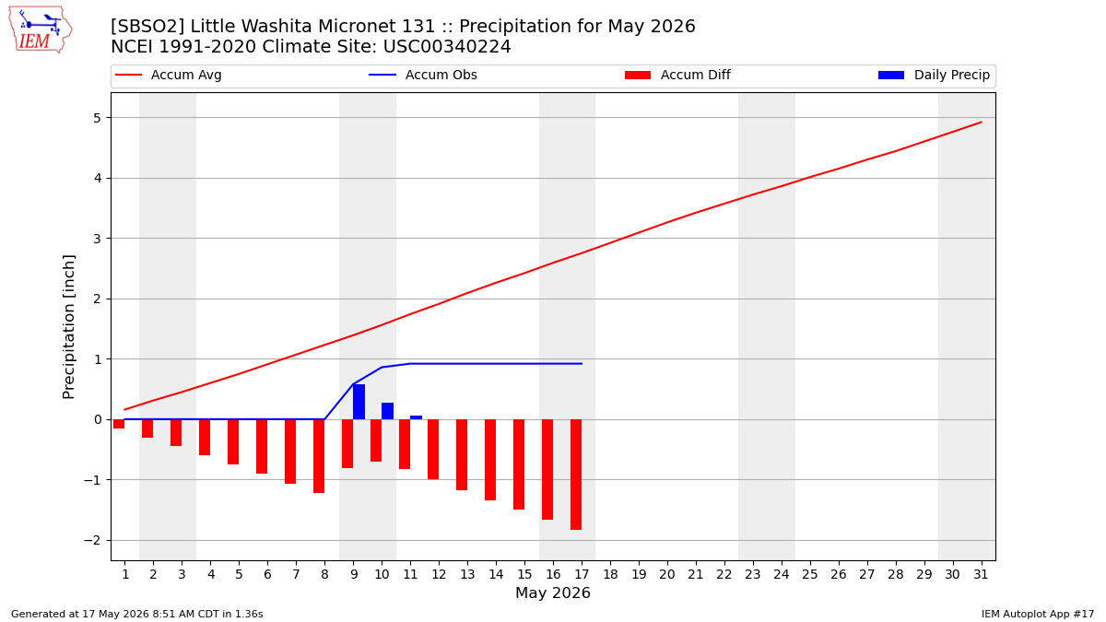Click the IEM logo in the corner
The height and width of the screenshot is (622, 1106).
tap(41, 30)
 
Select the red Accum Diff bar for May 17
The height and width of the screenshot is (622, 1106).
tap(576, 475)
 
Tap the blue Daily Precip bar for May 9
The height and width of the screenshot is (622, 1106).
tap(359, 402)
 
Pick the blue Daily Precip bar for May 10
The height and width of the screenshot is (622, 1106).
tap(388, 411)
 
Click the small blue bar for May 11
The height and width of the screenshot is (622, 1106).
tap(417, 417)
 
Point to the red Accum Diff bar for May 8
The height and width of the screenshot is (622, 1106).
tap(319, 456)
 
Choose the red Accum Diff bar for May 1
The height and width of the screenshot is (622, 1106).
tap(119, 424)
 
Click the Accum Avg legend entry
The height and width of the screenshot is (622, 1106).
tap(169, 75)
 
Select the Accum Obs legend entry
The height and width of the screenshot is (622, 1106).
tap(423, 75)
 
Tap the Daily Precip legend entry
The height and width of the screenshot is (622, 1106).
tap(935, 75)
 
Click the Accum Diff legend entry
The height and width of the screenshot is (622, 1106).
tap(677, 75)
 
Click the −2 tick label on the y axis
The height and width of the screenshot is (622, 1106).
tap(92, 541)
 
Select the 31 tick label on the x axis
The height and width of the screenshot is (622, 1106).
tap(981, 575)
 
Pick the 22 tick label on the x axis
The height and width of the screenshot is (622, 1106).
tap(724, 575)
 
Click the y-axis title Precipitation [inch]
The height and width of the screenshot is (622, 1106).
tap(68, 327)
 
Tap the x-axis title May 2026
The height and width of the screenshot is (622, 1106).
tap(553, 593)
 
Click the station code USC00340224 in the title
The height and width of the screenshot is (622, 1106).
tap(447, 46)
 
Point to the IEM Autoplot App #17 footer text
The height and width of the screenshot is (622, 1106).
tap(1038, 614)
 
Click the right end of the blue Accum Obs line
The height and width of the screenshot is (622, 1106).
tap(582, 364)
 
